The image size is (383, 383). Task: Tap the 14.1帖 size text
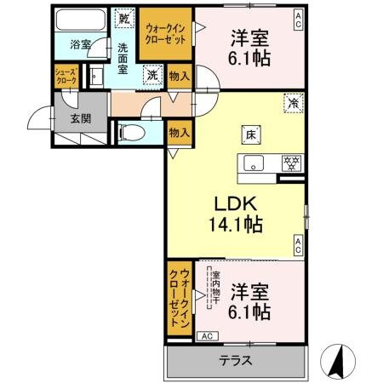pos(232,226)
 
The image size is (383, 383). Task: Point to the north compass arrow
pos(337,362)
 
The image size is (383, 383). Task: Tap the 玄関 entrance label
pos(80,117)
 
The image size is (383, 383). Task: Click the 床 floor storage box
pos(253,134)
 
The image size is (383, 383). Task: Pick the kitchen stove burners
pos(289,163)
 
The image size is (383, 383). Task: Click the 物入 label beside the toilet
pos(178,132)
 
